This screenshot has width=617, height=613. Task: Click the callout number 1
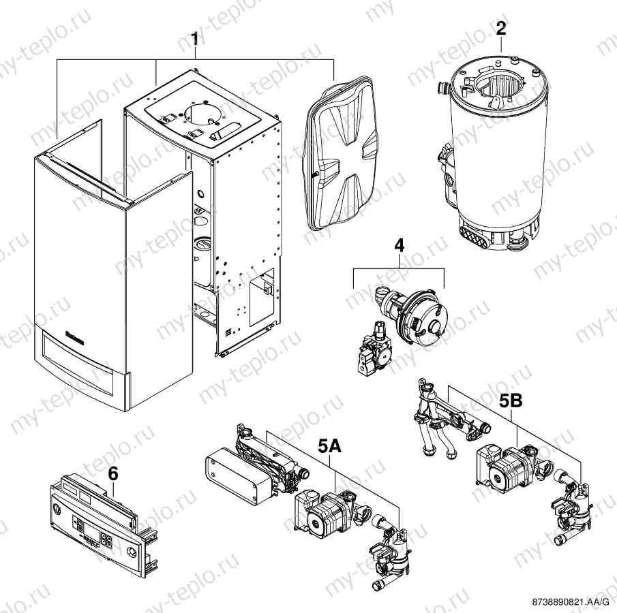[195, 39]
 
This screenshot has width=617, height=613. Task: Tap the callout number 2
[501, 29]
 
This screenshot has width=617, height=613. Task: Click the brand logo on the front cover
[75, 335]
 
